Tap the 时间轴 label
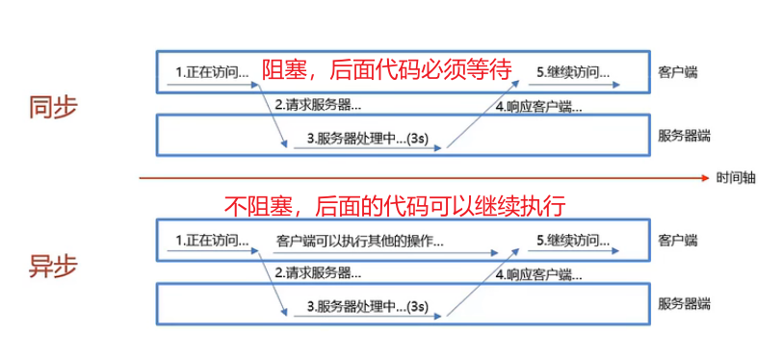[x=736, y=178]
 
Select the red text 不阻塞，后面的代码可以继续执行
[x=394, y=205]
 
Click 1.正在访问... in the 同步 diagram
[x=213, y=72]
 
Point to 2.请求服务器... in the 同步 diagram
[x=319, y=104]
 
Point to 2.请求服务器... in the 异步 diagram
[x=319, y=272]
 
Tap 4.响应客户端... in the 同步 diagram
[x=538, y=105]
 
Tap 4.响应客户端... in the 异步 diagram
[x=538, y=273]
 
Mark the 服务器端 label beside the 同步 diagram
[x=685, y=136]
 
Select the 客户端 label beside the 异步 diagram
[x=677, y=238]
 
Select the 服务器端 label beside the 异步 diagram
[x=685, y=304]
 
